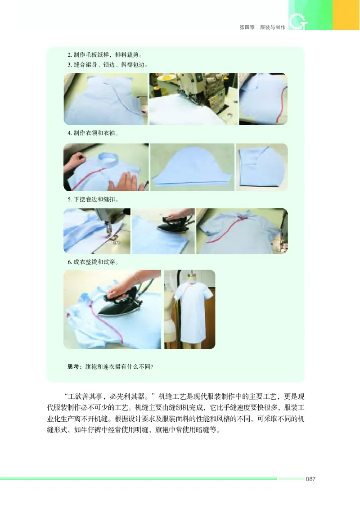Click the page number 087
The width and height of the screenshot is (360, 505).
(310, 479)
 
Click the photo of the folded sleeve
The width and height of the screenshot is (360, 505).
(261, 167)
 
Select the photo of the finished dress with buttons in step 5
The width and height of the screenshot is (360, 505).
(242, 231)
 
